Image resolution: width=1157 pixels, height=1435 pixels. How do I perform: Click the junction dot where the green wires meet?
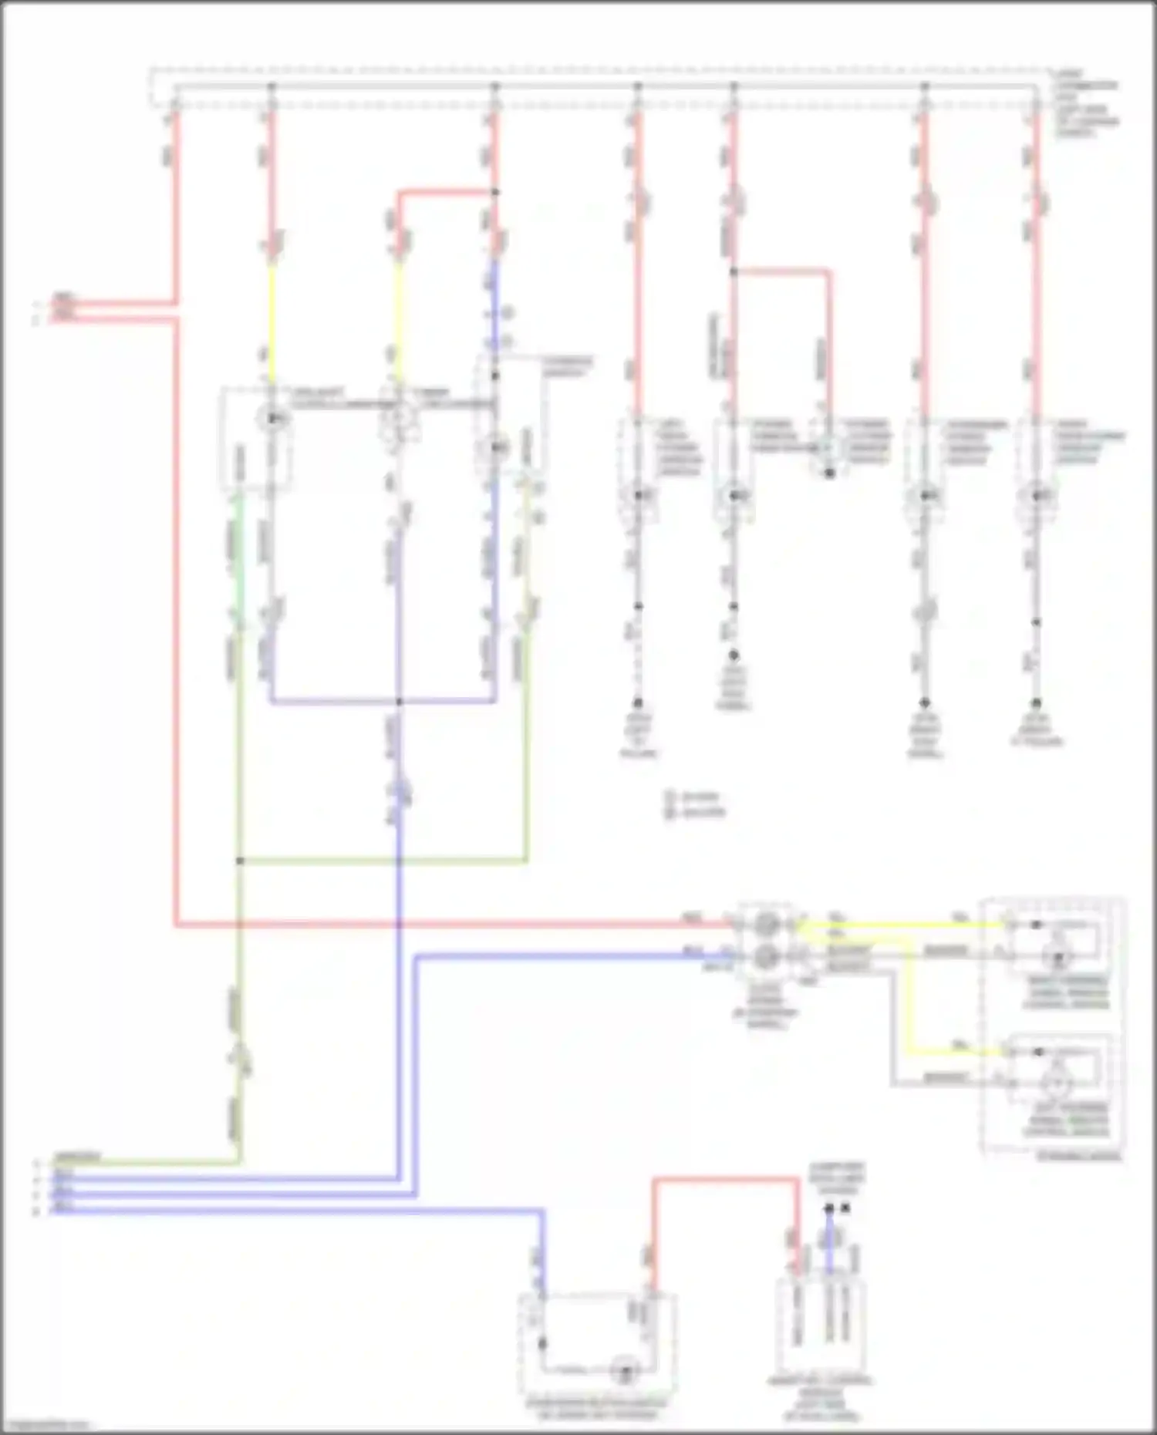240,861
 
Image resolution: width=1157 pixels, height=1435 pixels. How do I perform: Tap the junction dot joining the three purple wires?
399,702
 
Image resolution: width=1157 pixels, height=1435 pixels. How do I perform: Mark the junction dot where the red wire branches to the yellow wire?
495,192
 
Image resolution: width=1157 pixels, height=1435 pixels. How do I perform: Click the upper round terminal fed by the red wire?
766,923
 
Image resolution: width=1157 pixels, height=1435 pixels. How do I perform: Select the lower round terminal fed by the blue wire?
766,956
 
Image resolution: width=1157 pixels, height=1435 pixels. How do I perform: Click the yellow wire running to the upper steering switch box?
902,923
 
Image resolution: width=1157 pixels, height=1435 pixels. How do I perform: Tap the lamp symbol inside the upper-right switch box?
1058,957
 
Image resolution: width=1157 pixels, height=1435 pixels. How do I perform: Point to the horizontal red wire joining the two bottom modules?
725,1179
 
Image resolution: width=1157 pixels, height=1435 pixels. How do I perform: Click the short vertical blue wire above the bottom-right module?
829,1241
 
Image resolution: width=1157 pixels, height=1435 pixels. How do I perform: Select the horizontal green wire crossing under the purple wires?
386,861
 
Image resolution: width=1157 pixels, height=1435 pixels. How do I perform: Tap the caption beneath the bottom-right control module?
821,1400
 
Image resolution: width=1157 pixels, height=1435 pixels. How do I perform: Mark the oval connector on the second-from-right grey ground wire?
925,612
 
